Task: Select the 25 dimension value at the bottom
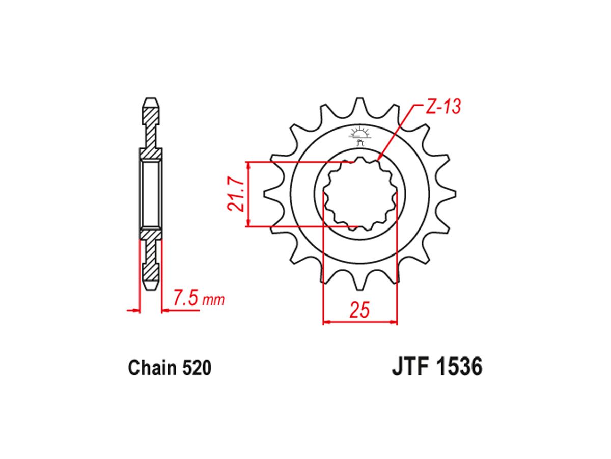pyautogui.click(x=359, y=310)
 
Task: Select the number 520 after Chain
pyautogui.click(x=195, y=368)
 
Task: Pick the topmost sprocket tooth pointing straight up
pyautogui.click(x=360, y=105)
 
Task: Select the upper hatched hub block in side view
pyautogui.click(x=151, y=152)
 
